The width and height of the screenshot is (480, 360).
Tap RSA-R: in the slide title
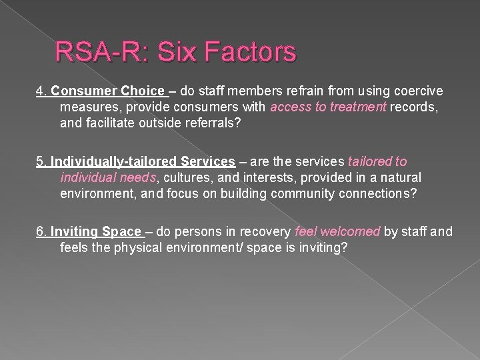coord(93,51)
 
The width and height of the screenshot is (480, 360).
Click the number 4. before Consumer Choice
coord(41,91)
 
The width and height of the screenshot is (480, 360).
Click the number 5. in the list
coord(41,162)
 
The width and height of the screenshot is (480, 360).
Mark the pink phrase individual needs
coord(107,178)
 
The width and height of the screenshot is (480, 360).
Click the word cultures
coord(185,178)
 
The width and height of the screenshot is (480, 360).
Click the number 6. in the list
coord(41,232)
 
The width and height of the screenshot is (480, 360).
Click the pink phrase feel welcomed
coord(337,232)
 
